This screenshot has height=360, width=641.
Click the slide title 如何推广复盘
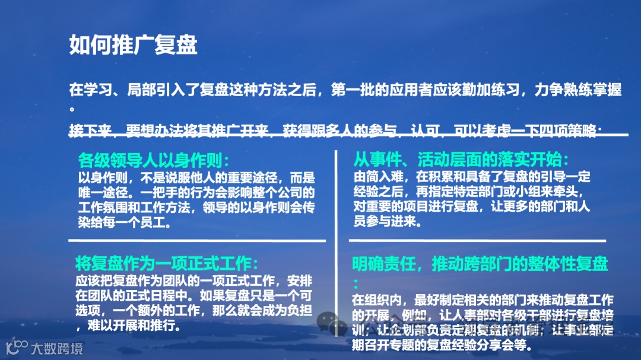(x=133, y=45)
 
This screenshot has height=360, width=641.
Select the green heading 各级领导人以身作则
(x=153, y=160)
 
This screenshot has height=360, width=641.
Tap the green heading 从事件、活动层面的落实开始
(x=461, y=160)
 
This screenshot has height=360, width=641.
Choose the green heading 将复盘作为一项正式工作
(x=167, y=263)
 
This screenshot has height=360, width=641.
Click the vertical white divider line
(x=337, y=243)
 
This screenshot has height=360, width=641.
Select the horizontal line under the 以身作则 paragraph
(x=197, y=240)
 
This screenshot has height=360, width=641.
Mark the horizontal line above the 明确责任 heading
(x=477, y=240)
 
